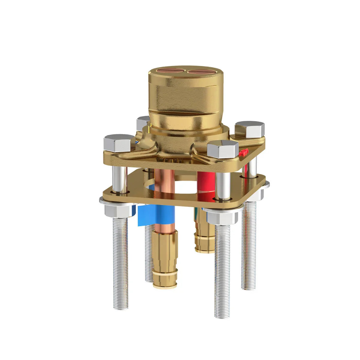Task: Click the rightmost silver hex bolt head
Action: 250,128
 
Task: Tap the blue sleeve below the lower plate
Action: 156,215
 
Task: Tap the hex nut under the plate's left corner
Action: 117,208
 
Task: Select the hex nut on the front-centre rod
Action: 221,217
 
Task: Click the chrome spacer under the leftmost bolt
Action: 119,179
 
